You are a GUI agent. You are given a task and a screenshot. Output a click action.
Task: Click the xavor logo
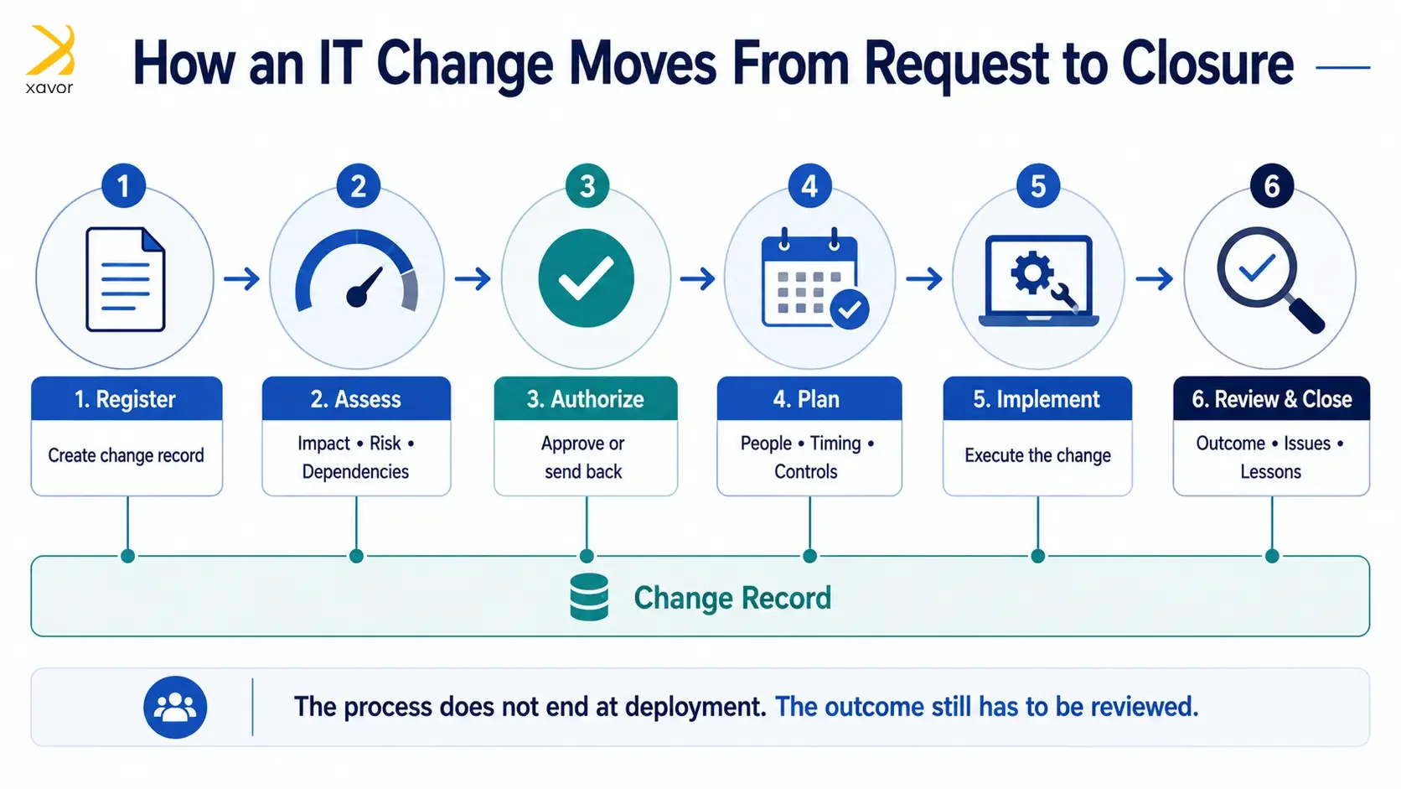[50, 60]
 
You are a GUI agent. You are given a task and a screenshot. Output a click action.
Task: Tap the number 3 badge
[587, 186]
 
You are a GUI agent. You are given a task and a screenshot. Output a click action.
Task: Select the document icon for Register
[125, 279]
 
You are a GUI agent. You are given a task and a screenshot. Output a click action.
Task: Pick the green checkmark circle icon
[586, 278]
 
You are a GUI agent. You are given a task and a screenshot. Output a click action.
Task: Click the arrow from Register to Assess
[241, 278]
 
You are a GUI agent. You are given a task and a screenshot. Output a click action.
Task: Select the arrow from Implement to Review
[1155, 278]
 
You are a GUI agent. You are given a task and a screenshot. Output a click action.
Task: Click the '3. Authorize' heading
[586, 399]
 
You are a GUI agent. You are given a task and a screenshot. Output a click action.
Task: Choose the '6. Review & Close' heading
[1271, 399]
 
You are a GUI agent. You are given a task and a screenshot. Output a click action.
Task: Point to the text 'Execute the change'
[1037, 455]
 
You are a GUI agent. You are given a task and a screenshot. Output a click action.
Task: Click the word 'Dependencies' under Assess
[355, 472]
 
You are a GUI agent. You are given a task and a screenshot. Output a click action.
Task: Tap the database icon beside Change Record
[589, 597]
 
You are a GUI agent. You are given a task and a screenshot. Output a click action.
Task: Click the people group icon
[175, 707]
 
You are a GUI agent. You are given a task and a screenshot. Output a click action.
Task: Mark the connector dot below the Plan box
[810, 556]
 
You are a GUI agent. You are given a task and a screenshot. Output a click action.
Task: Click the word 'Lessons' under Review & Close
[1271, 472]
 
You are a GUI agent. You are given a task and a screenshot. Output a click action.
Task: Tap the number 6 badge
[1271, 186]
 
